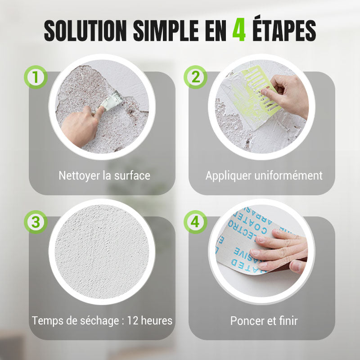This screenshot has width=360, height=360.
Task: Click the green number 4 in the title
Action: point(239,30)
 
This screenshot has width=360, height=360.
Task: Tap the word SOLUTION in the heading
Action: point(85,30)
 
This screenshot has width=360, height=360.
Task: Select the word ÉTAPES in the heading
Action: point(283,30)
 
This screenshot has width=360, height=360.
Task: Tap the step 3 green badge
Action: point(36,222)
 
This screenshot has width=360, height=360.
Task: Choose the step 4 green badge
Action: point(195,222)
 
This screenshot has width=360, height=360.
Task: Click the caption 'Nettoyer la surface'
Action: point(104,175)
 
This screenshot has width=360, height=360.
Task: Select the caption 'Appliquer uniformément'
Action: point(264,175)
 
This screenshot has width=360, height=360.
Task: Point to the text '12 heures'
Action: point(150,321)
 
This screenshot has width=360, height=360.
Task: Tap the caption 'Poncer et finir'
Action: point(264,321)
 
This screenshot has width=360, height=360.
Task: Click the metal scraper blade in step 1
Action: point(112,100)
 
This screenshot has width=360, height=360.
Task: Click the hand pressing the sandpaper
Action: point(281,250)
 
